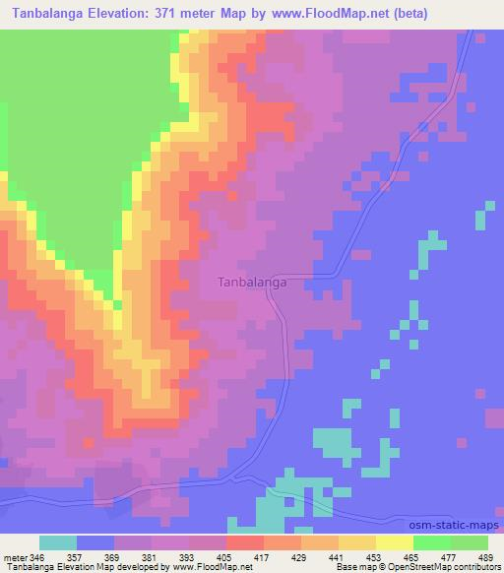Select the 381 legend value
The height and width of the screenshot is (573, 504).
148,557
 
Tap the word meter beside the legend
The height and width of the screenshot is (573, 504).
15,557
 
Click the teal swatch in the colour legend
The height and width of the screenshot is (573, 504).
58,543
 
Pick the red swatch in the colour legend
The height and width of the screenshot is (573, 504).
244,543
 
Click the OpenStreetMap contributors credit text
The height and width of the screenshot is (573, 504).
449,567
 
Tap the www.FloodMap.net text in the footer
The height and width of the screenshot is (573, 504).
214,567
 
